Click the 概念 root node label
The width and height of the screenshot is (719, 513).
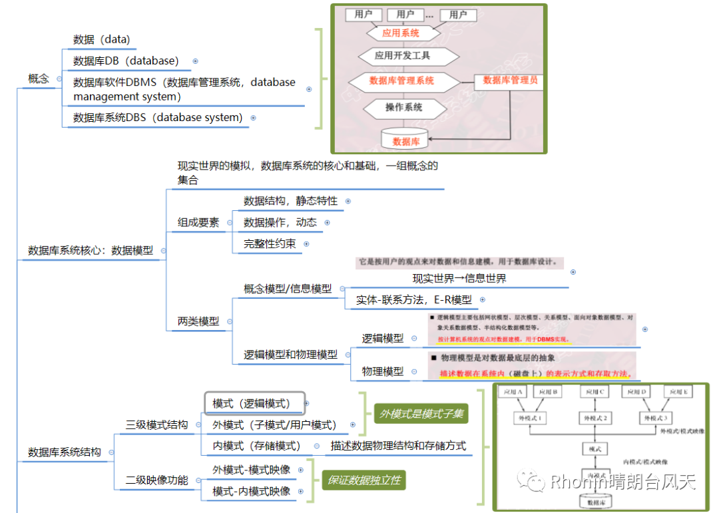pos(39,79)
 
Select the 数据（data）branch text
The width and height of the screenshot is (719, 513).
pos(101,40)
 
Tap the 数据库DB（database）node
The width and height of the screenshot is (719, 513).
pos(126,61)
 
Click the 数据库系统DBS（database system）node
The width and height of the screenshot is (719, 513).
pos(158,118)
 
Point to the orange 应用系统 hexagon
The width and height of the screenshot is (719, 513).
pos(401,32)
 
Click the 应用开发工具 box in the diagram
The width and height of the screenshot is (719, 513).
pos(402,56)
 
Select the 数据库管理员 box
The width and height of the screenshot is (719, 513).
pos(510,81)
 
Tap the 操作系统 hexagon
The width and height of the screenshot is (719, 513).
pos(403,107)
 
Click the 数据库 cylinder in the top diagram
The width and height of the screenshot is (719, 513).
pos(405,140)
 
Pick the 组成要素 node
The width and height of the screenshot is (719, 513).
pos(198,223)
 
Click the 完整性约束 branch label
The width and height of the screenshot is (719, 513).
pos(270,244)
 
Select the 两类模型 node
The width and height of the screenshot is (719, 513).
pos(198,321)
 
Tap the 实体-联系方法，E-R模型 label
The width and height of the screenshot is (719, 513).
pos(413,300)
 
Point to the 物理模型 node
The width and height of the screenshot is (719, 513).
pos(383,371)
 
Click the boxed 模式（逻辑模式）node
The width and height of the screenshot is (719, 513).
pos(254,403)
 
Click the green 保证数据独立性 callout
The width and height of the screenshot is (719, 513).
pos(365,480)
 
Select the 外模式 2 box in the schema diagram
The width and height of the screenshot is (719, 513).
pos(596,418)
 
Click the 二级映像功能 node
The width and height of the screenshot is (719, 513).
pos(157,480)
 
